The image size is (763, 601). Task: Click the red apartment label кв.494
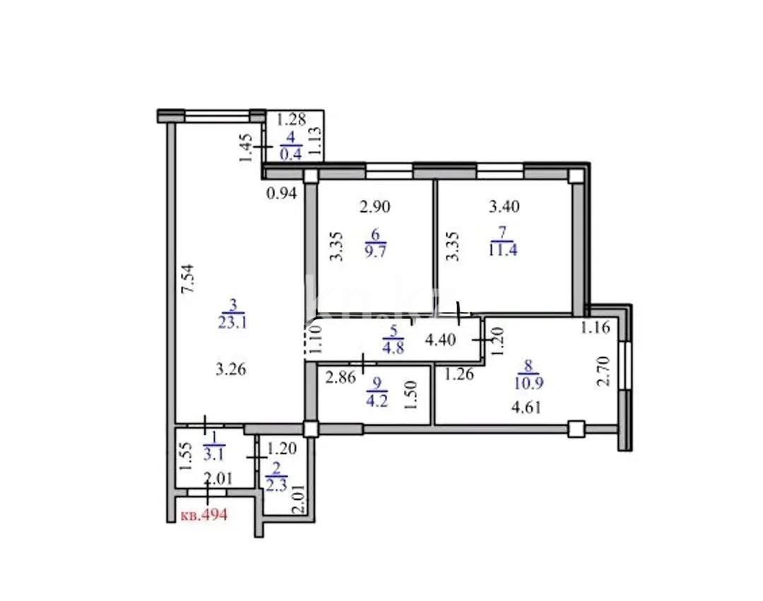204,515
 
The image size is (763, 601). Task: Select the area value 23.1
233,323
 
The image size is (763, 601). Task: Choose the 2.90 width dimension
374,207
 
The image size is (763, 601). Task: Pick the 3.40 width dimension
504,207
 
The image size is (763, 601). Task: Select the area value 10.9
529,381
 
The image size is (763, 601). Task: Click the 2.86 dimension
341,377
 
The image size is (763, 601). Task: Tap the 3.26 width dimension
230,369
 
